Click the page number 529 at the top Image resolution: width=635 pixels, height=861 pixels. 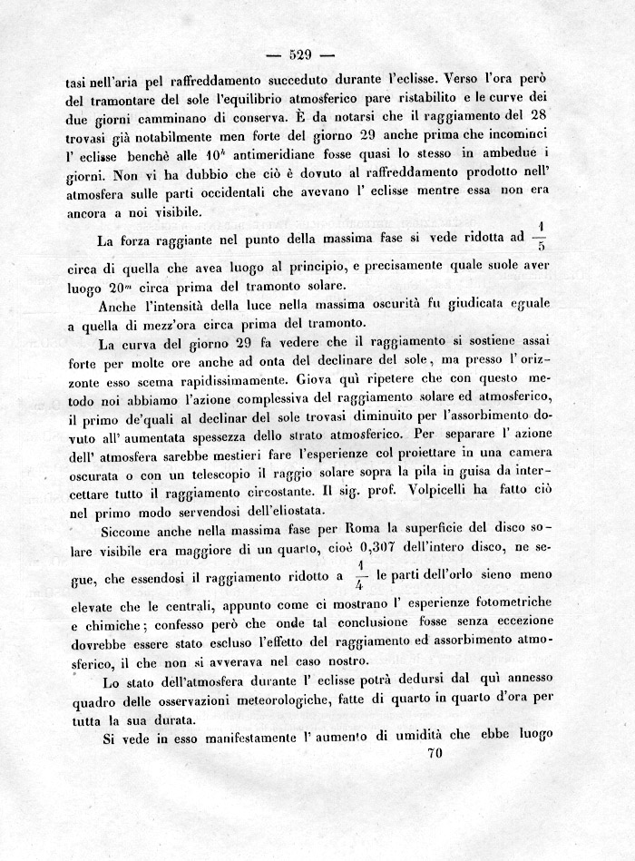pyautogui.click(x=301, y=51)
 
